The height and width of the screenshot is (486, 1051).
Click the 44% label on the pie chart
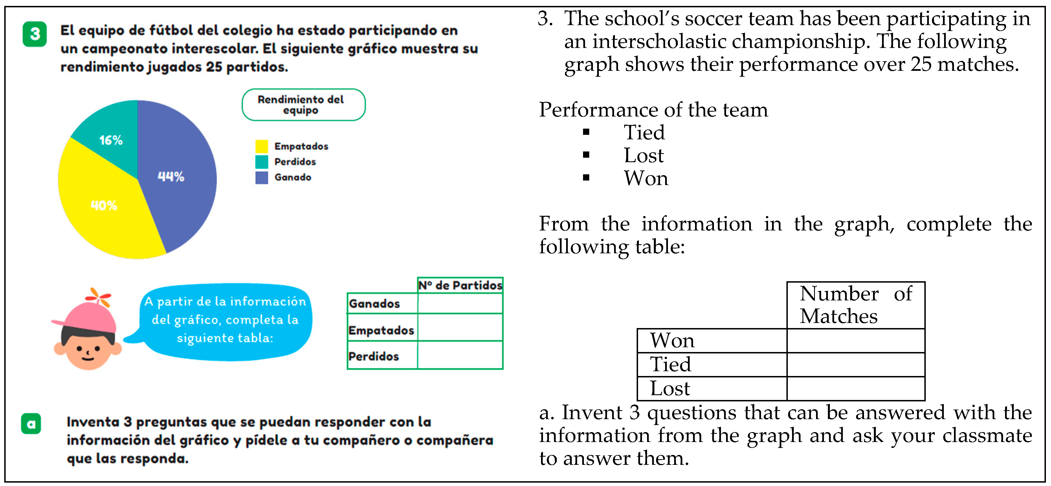pos(171,177)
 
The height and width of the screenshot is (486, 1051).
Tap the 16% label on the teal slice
pos(111,140)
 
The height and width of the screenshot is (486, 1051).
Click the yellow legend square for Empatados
pos(261,146)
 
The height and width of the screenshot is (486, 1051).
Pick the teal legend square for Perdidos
pos(261,162)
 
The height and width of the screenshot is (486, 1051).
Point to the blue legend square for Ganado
pos(261,177)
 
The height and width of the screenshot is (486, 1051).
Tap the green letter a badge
pos(31,424)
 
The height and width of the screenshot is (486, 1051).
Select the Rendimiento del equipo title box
pos(303,105)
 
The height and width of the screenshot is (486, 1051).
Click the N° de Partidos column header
pos(460,285)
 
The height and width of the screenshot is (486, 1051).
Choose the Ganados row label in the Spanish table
pos(375,304)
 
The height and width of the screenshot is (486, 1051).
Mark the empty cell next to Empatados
pos(460,327)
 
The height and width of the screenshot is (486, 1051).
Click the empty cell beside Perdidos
pos(460,355)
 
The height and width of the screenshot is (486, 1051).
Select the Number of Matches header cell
pos(855,305)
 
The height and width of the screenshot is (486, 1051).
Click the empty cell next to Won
pos(855,341)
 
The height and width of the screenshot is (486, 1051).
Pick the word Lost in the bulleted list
pos(643,155)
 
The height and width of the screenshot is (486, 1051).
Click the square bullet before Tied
pos(586,132)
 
